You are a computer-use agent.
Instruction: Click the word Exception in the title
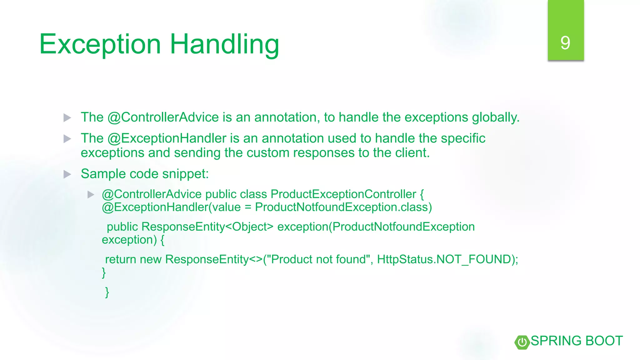[100, 44]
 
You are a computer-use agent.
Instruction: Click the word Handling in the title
[224, 44]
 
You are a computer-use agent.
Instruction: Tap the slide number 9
[565, 43]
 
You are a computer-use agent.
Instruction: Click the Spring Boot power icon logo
[522, 342]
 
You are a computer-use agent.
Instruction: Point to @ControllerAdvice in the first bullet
[163, 117]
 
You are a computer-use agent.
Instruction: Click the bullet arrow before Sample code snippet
[67, 174]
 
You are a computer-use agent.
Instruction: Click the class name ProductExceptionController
[343, 194]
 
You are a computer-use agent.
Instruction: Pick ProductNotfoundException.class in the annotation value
[343, 207]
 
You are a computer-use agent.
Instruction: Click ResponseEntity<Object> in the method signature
[207, 227]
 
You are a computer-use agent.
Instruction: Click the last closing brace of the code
[107, 292]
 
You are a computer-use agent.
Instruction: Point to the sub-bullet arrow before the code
[91, 195]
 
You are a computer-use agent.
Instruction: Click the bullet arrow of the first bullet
[67, 118]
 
